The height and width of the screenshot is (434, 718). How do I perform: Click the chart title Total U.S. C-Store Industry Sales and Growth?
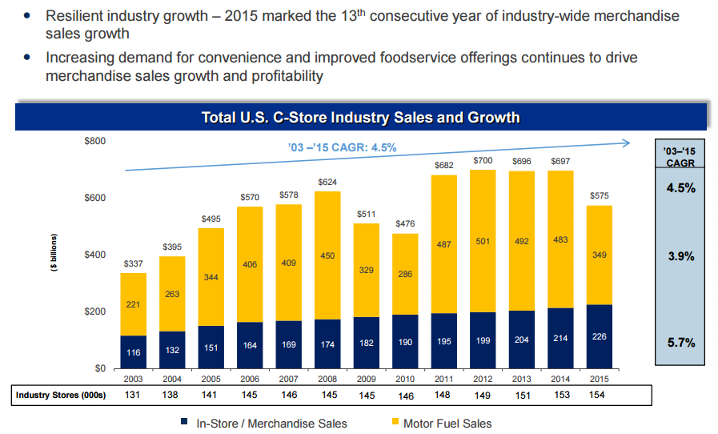tap(360, 118)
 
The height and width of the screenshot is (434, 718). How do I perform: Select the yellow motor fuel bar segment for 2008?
tap(327, 256)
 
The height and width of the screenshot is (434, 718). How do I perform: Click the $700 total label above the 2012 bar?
tap(483, 161)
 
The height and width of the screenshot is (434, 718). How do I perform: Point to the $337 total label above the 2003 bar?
tap(134, 263)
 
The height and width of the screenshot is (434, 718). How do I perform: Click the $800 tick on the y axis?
tap(94, 141)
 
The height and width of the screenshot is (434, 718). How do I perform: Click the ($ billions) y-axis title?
tap(54, 255)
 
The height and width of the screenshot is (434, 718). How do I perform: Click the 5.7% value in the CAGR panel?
tap(680, 343)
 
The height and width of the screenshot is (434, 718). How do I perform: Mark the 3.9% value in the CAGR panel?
tap(680, 257)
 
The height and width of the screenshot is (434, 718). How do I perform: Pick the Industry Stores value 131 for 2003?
tap(134, 395)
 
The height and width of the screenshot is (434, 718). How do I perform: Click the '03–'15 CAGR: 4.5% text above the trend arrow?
tap(342, 147)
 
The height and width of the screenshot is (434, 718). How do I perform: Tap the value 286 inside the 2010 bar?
tap(405, 274)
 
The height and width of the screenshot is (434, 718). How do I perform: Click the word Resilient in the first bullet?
tap(76, 16)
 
